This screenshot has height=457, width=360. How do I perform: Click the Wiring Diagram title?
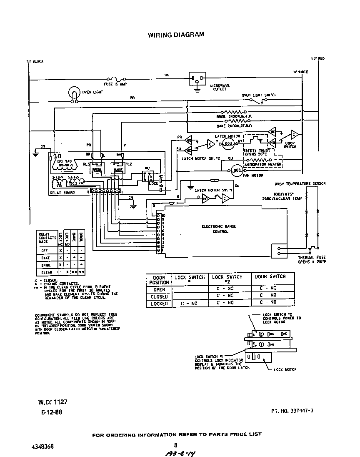click(176, 35)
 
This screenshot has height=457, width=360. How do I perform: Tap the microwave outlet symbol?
click(197, 78)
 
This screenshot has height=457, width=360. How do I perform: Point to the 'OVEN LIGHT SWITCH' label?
click(259, 95)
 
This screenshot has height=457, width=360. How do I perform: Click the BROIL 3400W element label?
click(234, 117)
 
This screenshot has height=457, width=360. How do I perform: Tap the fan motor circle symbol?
click(236, 170)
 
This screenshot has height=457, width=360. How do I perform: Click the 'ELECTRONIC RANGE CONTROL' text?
click(225, 228)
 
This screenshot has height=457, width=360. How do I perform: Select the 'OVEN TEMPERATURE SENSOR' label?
click(300, 184)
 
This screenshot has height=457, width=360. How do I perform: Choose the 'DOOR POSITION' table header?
click(159, 279)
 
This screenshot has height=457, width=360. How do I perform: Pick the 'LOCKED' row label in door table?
click(159, 304)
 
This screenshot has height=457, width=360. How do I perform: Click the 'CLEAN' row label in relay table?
click(47, 272)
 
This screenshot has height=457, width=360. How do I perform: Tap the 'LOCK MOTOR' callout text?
click(285, 369)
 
